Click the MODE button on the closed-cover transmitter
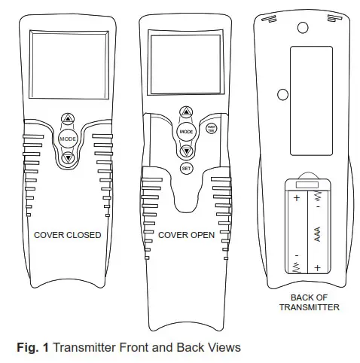point(68,139)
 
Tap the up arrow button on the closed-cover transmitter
point(68,120)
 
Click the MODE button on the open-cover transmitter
point(185,131)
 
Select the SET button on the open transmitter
point(186,168)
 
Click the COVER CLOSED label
point(68,235)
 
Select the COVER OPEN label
point(186,235)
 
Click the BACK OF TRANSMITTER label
point(309,302)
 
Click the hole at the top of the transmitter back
point(303,27)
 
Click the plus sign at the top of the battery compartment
point(297,199)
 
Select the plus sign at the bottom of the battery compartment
point(318,267)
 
